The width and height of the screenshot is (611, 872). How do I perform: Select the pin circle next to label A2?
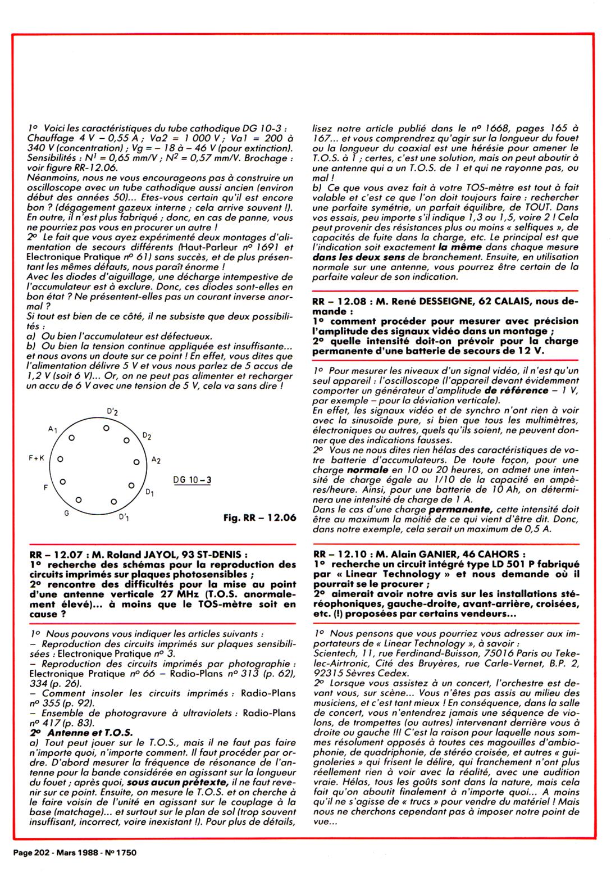point(136,462)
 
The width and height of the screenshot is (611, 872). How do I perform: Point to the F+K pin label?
point(37,458)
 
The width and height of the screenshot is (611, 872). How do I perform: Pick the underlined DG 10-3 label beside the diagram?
point(189,480)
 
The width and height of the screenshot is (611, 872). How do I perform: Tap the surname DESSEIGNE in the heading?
point(439,301)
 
